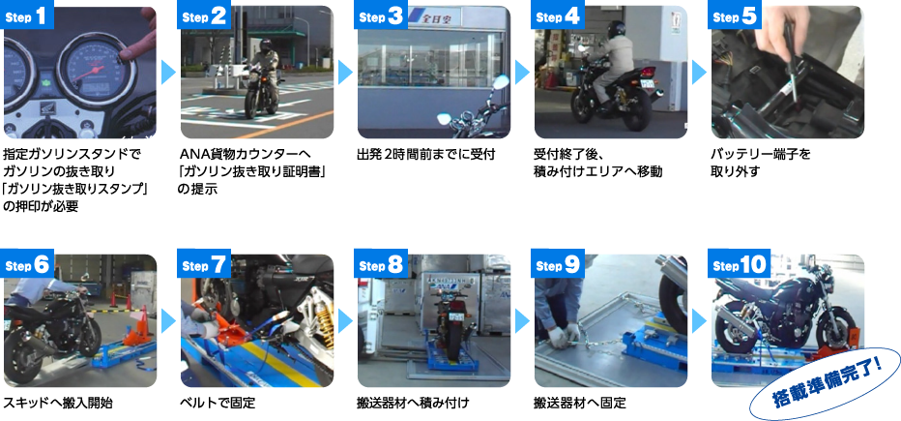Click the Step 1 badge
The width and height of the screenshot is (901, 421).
click(x=26, y=18)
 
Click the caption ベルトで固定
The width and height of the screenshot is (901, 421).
click(x=218, y=402)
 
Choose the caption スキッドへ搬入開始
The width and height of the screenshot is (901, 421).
click(x=58, y=402)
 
